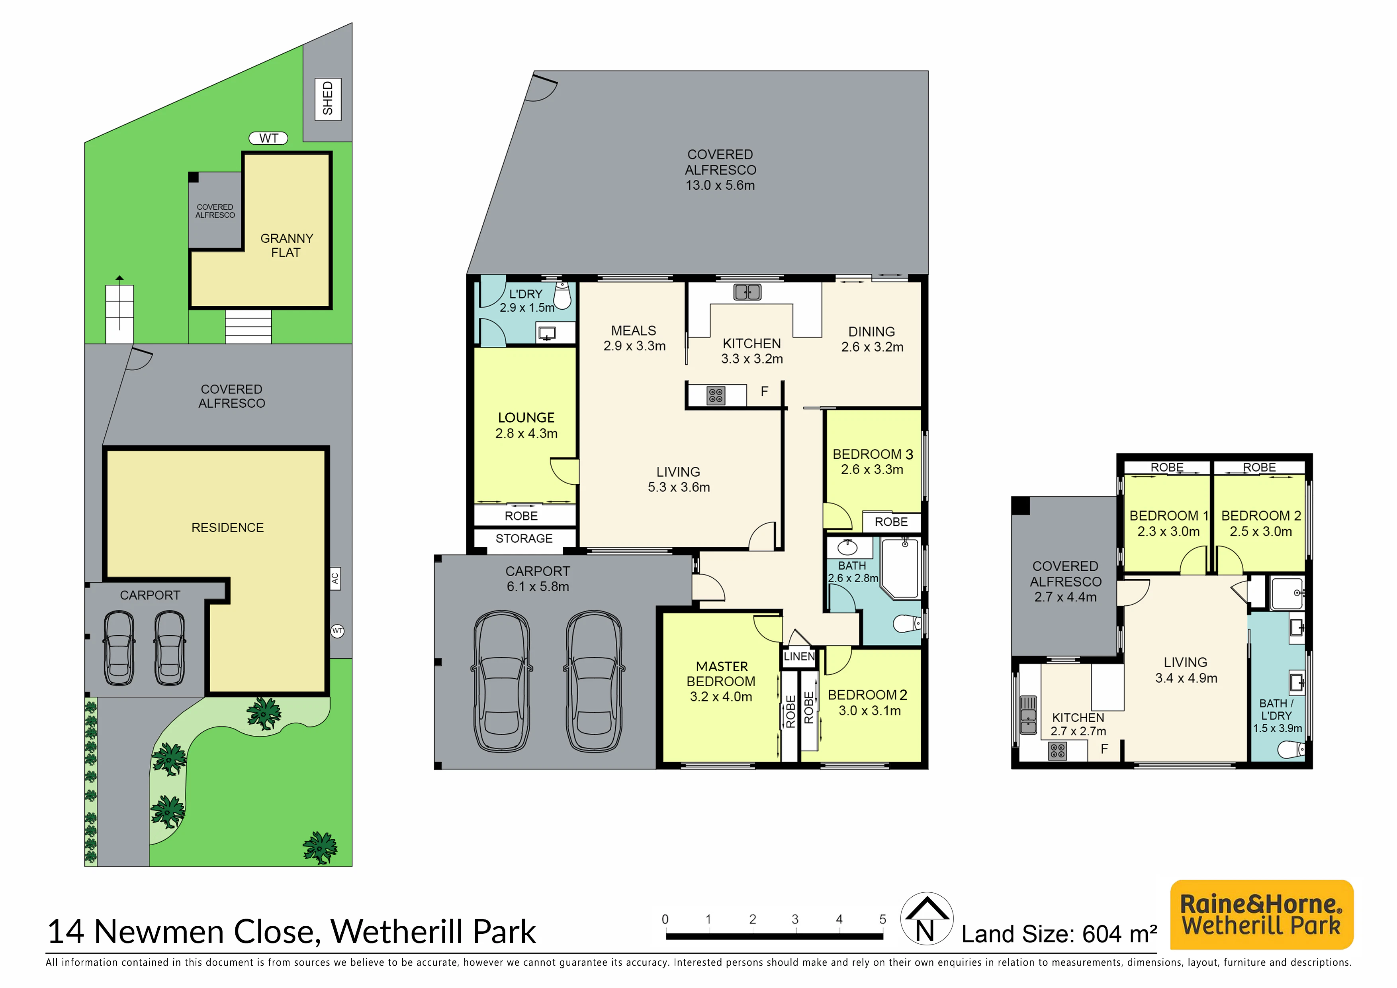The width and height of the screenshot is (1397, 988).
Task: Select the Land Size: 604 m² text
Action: tap(1059, 934)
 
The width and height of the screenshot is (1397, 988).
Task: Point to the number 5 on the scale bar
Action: tap(882, 919)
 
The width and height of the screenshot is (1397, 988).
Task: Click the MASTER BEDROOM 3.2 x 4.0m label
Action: tap(721, 682)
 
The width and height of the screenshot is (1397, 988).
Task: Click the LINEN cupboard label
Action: tap(799, 656)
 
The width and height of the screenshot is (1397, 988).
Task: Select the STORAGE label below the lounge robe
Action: tap(524, 539)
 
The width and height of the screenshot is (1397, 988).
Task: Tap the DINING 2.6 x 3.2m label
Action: tap(872, 339)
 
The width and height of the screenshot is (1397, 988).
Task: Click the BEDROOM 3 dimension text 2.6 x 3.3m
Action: tap(872, 469)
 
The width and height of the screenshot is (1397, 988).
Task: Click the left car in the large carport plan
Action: tap(502, 681)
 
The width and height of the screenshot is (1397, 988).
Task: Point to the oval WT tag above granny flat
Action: tap(268, 138)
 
